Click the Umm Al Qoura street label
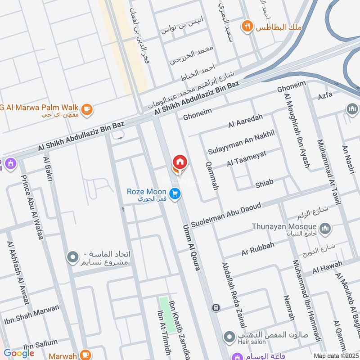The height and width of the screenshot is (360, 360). (x=192, y=247)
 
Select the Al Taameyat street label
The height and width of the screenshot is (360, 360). (x=247, y=158)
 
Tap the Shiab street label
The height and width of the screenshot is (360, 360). (x=264, y=183)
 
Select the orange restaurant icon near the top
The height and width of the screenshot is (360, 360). (x=247, y=26)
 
